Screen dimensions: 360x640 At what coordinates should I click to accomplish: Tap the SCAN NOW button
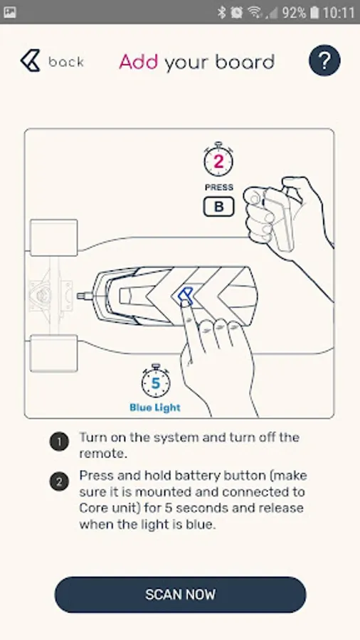tap(180, 594)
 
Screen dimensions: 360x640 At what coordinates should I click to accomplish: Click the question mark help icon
tap(324, 60)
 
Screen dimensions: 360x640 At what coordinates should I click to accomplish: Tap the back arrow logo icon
tap(31, 61)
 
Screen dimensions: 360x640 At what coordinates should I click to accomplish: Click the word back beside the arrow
tap(66, 62)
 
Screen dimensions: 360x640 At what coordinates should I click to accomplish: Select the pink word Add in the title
tap(138, 62)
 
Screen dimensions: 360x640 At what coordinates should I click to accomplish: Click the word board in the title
tap(245, 62)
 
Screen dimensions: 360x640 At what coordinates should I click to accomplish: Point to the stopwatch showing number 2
tap(219, 159)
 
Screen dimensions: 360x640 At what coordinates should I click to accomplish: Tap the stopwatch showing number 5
tap(156, 381)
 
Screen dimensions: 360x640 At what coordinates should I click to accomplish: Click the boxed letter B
tap(219, 206)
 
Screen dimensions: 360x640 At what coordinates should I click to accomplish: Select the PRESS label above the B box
tap(219, 187)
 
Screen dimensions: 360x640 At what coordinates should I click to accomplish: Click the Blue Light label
tap(155, 407)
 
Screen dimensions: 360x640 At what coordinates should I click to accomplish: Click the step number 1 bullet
tap(59, 442)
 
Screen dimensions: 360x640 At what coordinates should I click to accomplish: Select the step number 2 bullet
tap(59, 481)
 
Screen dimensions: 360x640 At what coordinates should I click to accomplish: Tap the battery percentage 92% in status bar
tap(293, 13)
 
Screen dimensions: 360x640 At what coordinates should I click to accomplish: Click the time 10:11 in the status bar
tap(339, 13)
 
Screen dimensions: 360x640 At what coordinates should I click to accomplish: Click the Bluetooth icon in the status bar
tap(222, 13)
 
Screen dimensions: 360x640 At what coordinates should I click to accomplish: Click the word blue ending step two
tap(201, 525)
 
